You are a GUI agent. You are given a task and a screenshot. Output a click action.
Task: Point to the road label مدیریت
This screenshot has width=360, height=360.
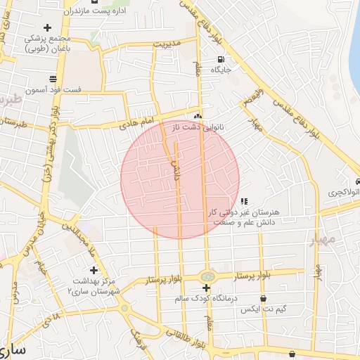tap(169, 44)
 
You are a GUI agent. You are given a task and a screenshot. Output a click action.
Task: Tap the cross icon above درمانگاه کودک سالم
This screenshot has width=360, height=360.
tap(206, 288)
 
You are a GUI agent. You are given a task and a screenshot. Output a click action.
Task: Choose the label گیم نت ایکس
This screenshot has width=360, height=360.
tap(260, 309)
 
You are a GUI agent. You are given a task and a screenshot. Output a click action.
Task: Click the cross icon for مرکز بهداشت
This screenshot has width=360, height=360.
tap(94, 269)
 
